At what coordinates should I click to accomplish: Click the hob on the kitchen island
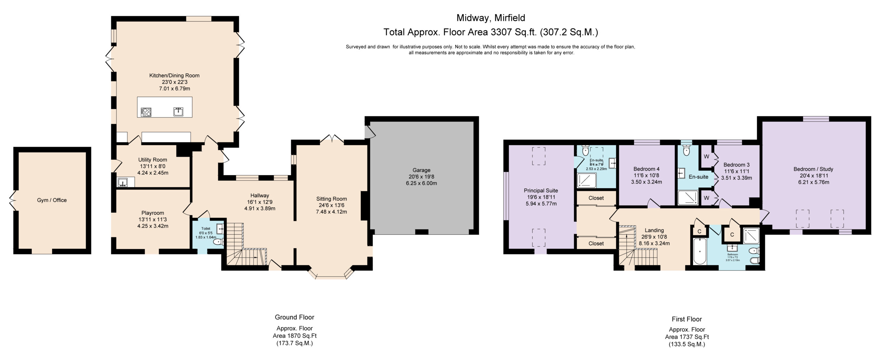coord(146,112)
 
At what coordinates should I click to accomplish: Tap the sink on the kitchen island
coord(178,112)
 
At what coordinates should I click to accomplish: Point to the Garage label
coord(421,170)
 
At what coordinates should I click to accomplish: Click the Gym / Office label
coord(52,200)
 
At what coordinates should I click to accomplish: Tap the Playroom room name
coord(152,213)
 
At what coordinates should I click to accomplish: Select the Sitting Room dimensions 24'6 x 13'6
coord(331,205)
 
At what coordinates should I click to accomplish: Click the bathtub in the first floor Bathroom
coord(699,251)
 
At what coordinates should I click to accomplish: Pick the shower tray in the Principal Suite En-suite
coord(586,181)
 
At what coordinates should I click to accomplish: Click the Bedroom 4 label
coord(646,169)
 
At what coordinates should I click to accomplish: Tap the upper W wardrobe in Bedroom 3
coord(706,157)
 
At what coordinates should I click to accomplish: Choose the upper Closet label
coord(596,198)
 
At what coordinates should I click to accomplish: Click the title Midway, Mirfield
coord(491,18)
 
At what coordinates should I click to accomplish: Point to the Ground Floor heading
coord(294,317)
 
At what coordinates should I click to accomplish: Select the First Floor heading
coord(687,319)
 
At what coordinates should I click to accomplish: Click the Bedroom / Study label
coord(813,169)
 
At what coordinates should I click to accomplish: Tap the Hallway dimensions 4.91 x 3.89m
coord(260,208)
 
